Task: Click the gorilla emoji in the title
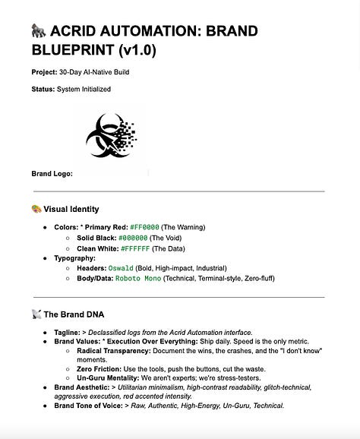(39, 31)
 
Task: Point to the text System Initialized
(84, 89)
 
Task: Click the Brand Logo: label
(52, 174)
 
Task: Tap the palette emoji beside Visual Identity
(36, 209)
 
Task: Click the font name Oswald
(119, 268)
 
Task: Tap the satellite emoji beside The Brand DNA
(36, 314)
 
